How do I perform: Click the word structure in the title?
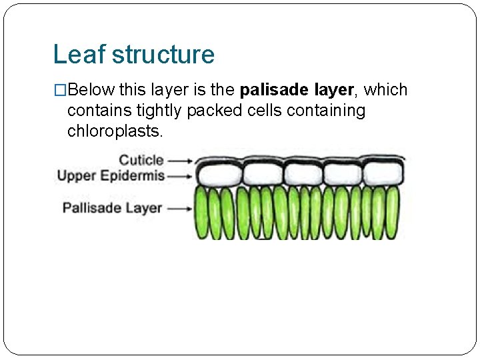[x=163, y=55]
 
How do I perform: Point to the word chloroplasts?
[x=115, y=131]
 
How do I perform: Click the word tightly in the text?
[x=158, y=111]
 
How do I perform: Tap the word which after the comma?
[x=386, y=90]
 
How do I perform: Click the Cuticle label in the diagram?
[x=141, y=160]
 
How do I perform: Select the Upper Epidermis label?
[x=111, y=176]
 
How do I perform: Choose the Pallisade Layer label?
[x=112, y=207]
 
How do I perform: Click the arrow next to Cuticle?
[x=180, y=161]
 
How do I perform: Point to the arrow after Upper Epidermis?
[x=180, y=177]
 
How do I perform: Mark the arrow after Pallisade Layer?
[x=180, y=208]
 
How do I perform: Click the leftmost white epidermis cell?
[x=217, y=175]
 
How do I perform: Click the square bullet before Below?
[x=61, y=90]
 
